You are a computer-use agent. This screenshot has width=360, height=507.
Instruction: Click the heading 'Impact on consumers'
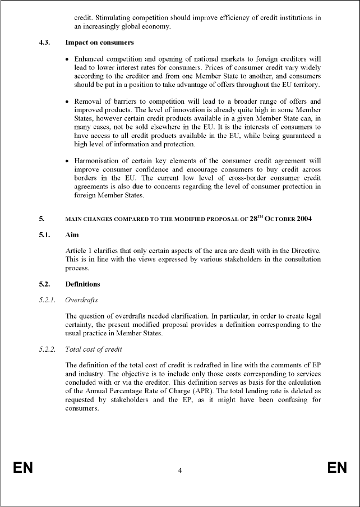pyautogui.click(x=99, y=42)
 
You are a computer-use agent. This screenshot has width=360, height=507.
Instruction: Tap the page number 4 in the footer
pyautogui.click(x=179, y=470)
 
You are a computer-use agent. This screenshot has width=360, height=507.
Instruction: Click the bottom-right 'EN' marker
pyautogui.click(x=337, y=468)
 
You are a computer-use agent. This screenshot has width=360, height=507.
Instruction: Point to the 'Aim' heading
pyautogui.click(x=72, y=236)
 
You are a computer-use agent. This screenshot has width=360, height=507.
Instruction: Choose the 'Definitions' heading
pyautogui.click(x=83, y=284)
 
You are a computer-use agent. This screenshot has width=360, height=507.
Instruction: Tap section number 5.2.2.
pyautogui.click(x=47, y=349)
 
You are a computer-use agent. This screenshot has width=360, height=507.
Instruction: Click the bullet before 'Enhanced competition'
pyautogui.click(x=68, y=59)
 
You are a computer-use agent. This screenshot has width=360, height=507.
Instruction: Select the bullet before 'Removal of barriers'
pyautogui.click(x=68, y=102)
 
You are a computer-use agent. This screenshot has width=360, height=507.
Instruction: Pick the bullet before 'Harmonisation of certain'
pyautogui.click(x=68, y=161)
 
